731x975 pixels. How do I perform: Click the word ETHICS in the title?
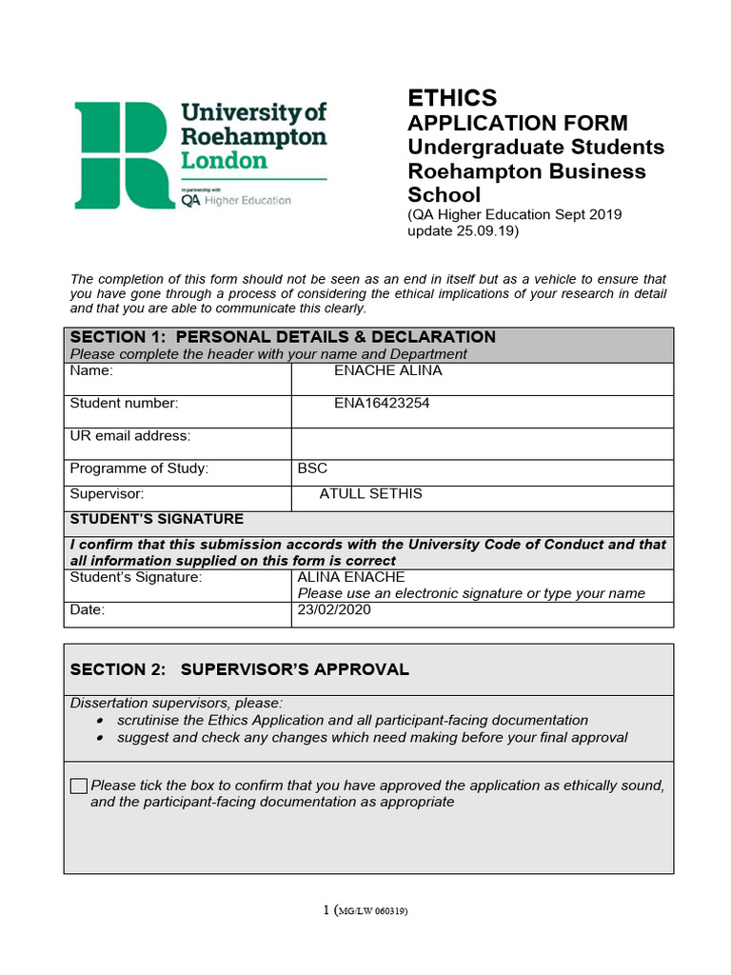tap(452, 98)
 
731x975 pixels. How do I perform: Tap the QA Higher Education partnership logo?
tap(236, 200)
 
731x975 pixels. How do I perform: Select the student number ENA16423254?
tap(382, 403)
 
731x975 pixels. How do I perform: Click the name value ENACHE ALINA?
tap(387, 370)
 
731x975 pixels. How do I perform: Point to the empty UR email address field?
tap(482, 442)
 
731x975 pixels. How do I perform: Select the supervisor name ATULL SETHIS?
tap(370, 493)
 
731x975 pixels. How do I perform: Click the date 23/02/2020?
tap(334, 609)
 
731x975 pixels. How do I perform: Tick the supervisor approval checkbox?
tap(79, 786)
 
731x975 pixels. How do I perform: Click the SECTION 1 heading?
tap(283, 337)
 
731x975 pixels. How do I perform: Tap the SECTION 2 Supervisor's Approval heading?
tap(239, 669)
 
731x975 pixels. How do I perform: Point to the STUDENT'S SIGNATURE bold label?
tap(157, 519)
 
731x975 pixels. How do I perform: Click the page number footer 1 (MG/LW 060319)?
tap(365, 910)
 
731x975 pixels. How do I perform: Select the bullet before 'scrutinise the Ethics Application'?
tap(101, 721)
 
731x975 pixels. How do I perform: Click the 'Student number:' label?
tap(124, 403)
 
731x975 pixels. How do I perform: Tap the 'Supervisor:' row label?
tap(107, 493)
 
